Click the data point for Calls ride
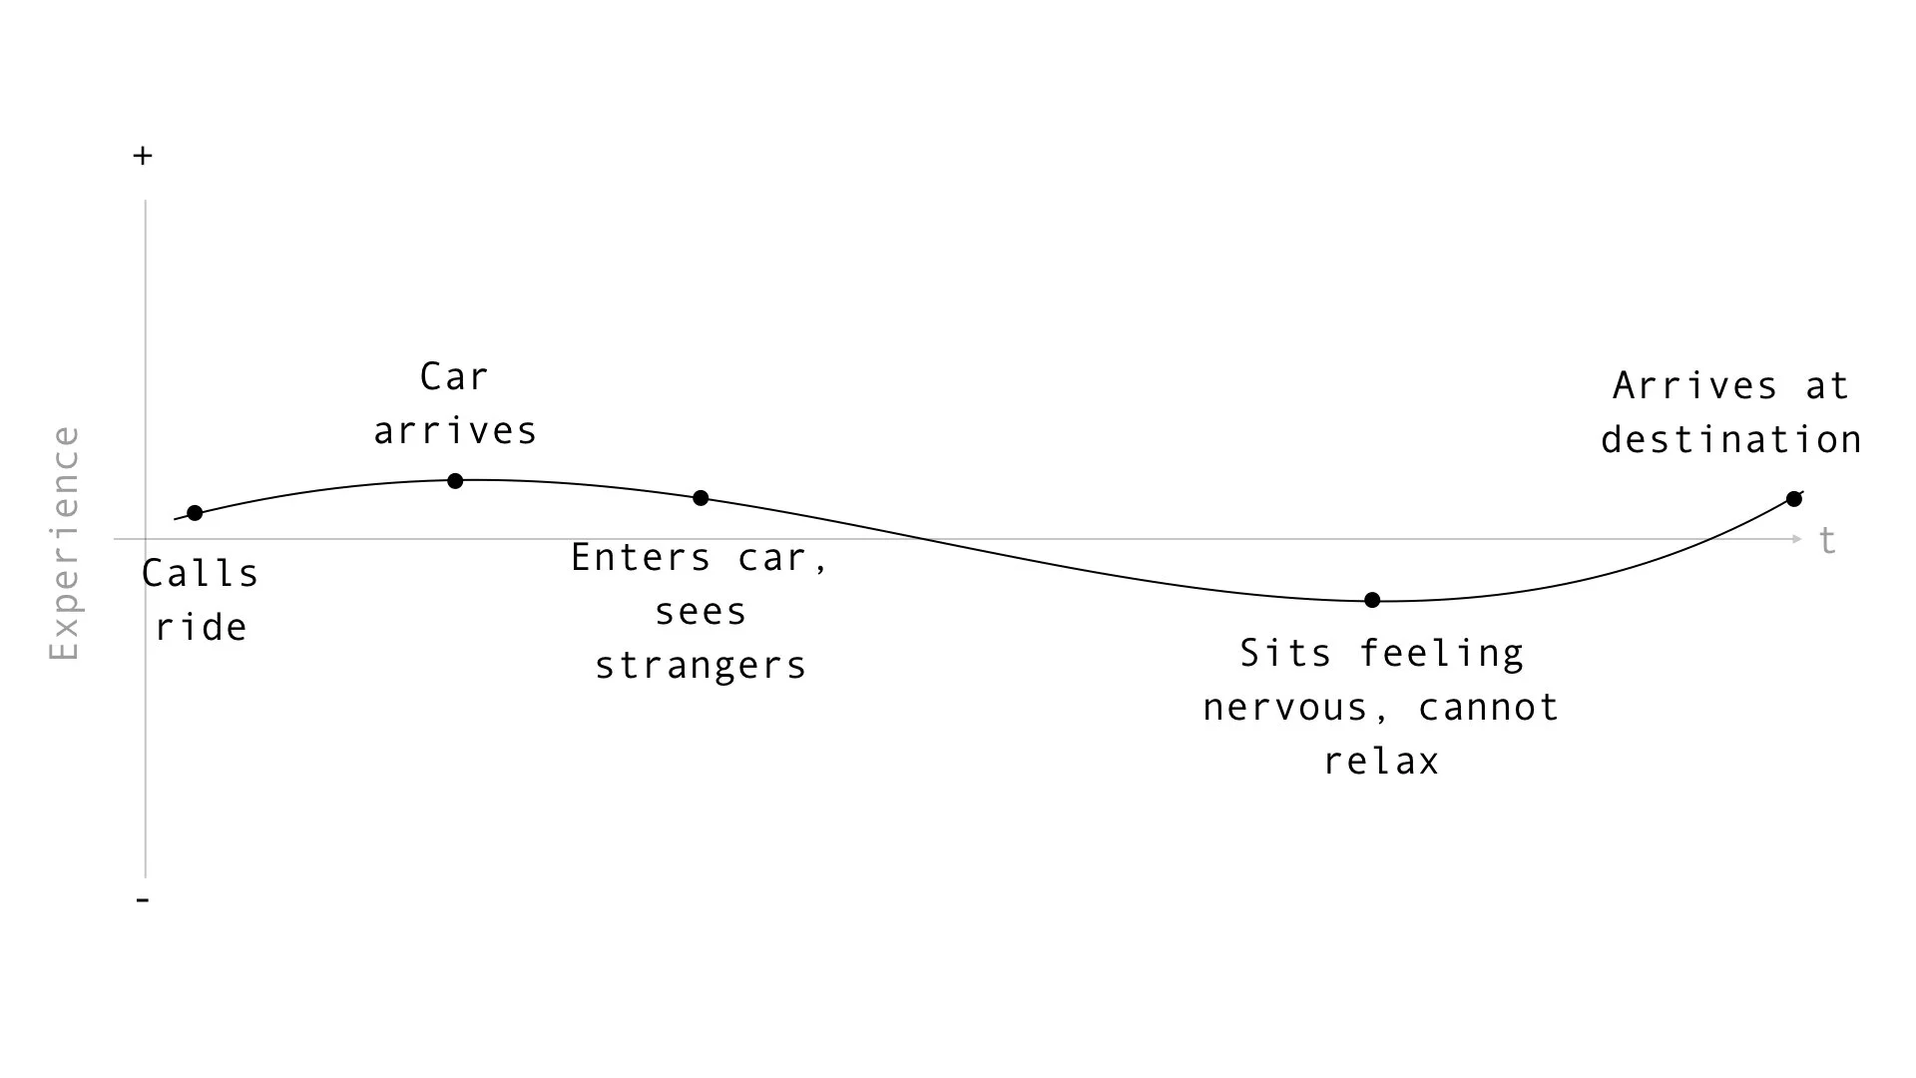[x=195, y=513]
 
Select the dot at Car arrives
[x=455, y=481]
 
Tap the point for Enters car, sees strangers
[x=701, y=498]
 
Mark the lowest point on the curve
[x=1372, y=600]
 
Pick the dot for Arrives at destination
[x=1794, y=499]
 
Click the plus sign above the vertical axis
[x=143, y=156]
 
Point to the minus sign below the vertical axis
[x=143, y=900]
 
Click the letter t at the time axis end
[x=1827, y=541]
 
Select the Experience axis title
[x=65, y=543]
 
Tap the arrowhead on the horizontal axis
[x=1797, y=539]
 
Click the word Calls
[x=200, y=574]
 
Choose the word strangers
[x=701, y=666]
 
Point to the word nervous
[x=1285, y=708]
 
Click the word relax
[x=1381, y=762]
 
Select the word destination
[x=1731, y=440]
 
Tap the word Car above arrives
[x=454, y=377]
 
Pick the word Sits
[x=1285, y=654]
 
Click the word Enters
[x=642, y=558]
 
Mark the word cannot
[x=1488, y=708]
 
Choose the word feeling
[x=1442, y=654]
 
